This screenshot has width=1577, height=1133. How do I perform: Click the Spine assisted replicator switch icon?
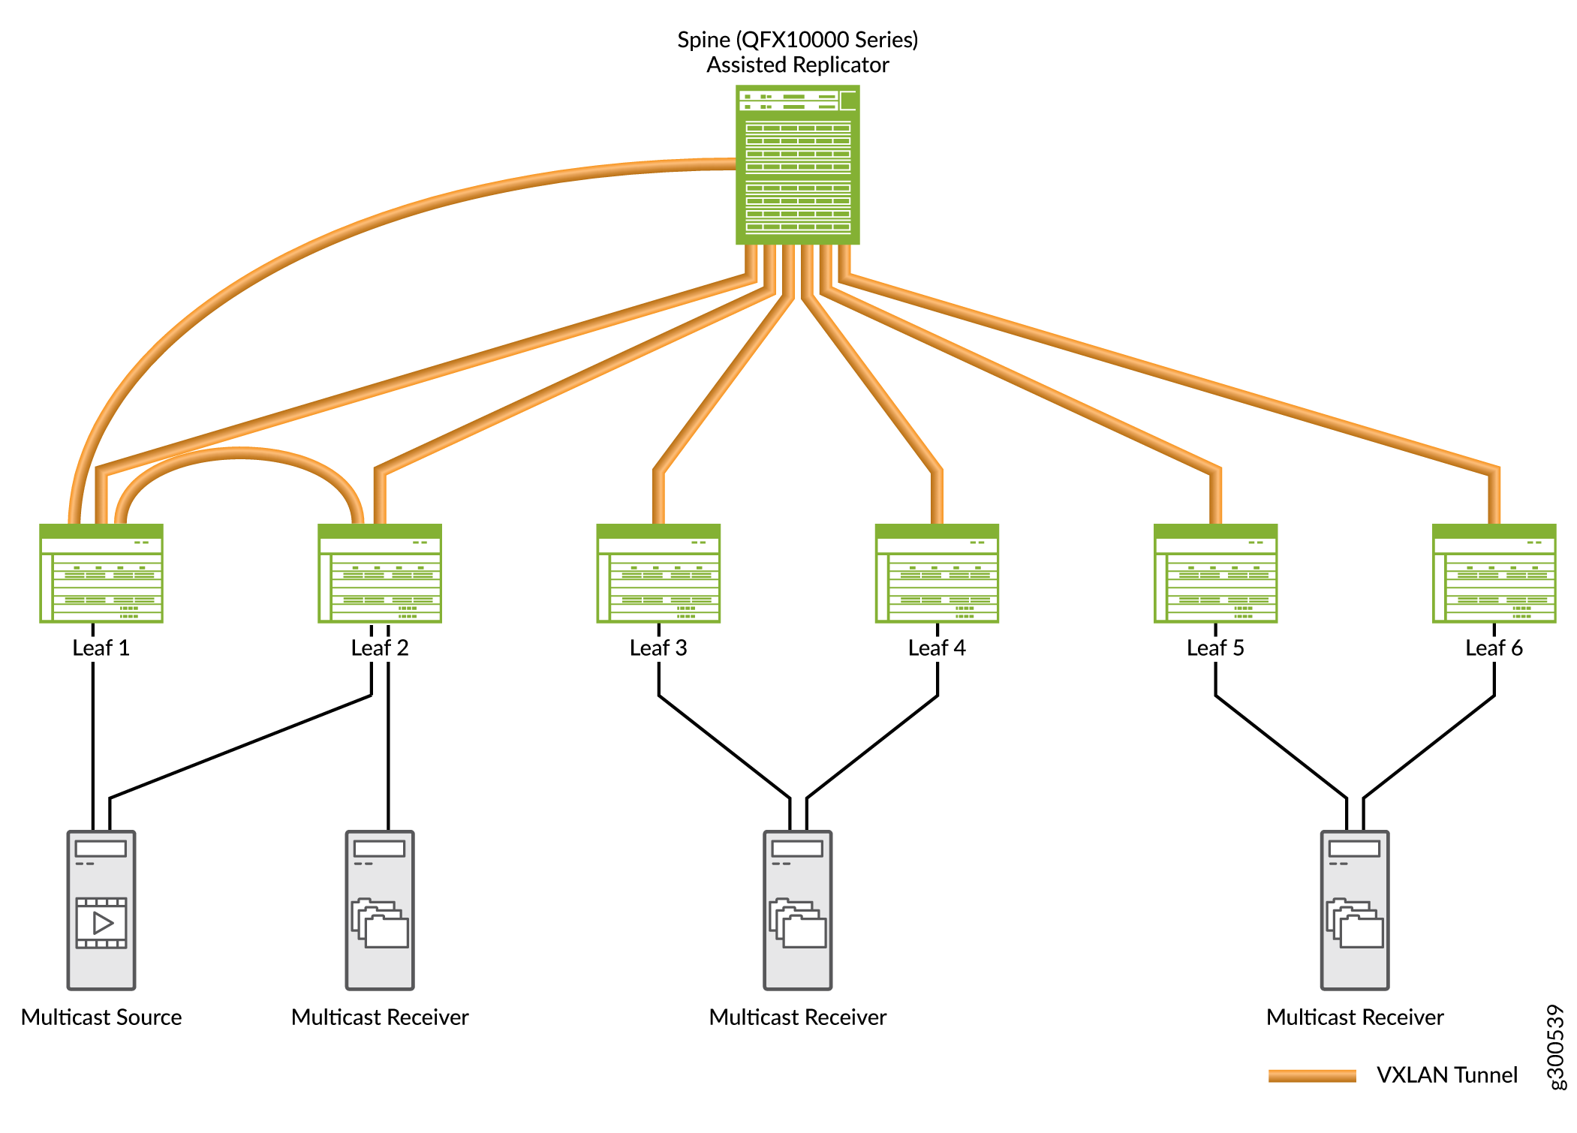coord(797,165)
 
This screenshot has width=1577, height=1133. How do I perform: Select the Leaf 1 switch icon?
coord(101,573)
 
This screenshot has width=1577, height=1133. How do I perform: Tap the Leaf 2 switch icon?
coord(380,573)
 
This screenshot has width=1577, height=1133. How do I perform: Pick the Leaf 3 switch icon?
coord(658,573)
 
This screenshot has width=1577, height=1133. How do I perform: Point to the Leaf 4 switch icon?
coord(937,573)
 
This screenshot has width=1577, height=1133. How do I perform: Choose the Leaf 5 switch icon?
coord(1215,573)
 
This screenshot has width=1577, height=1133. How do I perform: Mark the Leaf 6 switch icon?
coord(1494,573)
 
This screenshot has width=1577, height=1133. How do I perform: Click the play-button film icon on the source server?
coord(101,923)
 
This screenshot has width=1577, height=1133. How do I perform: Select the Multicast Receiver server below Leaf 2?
coord(380,909)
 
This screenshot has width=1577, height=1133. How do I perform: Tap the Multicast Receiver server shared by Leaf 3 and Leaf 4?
coord(797,909)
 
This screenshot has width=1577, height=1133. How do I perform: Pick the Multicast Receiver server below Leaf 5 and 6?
coord(1355,909)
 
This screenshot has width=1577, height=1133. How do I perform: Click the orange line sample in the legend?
coord(1312,1076)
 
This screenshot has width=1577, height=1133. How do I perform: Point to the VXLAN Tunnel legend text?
coord(1446,1075)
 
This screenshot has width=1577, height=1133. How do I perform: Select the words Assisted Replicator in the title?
coord(797,65)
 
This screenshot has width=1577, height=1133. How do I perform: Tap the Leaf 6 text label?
coord(1494,648)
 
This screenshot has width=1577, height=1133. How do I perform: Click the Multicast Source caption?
coord(101,1017)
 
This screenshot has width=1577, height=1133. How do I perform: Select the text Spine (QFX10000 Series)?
coord(797,40)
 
